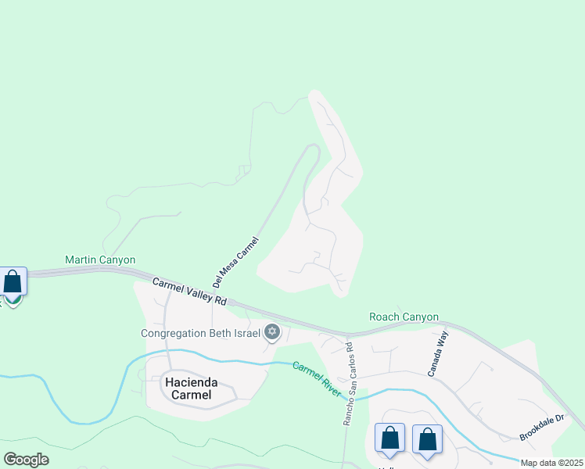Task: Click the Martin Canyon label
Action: click(100, 260)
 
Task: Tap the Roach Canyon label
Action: click(404, 317)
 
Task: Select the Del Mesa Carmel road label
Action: click(235, 262)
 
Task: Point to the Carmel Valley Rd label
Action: click(189, 291)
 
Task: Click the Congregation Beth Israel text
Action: click(200, 333)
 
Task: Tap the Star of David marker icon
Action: click(272, 333)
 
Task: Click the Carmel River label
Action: click(317, 378)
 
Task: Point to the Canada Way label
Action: click(438, 354)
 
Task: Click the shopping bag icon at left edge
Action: click(13, 281)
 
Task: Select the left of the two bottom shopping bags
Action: click(389, 439)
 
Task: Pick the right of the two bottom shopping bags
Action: click(427, 439)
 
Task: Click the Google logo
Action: click(26, 460)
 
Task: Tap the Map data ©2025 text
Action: click(552, 463)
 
